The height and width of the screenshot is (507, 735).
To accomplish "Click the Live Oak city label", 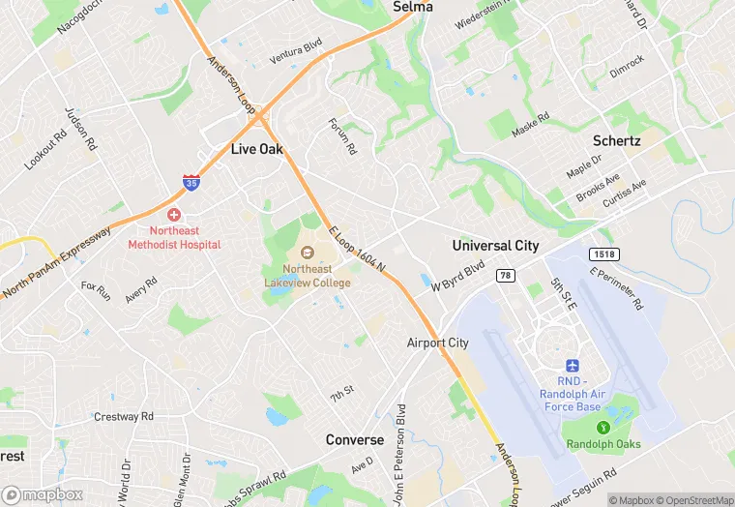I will click(256, 149).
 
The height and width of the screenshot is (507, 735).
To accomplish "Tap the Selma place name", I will click(412, 7).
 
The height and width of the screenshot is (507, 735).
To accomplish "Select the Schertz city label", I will click(616, 140).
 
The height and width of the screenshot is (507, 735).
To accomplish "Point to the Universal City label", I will click(495, 246).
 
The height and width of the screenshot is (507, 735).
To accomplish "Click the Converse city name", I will click(354, 439).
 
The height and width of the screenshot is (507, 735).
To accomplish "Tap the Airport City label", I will click(437, 343).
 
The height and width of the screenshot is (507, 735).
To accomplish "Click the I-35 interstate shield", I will click(191, 183).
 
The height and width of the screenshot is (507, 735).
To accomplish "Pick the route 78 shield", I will click(504, 276).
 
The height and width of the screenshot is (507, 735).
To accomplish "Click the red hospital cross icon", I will click(174, 214).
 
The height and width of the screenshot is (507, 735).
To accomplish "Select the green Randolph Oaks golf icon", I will click(603, 427).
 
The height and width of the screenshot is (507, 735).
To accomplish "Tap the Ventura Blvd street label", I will click(295, 51).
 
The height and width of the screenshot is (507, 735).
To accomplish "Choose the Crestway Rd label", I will click(124, 417).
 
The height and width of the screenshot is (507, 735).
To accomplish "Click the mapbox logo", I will click(41, 494).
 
